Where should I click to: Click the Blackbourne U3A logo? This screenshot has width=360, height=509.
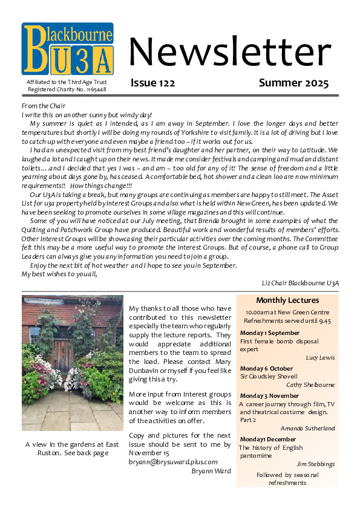coord(68,48)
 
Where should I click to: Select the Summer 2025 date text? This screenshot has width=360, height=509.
coord(293,83)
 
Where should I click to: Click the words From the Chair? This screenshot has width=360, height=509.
coord(42,106)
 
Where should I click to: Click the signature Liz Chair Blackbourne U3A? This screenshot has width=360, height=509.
coord(300,282)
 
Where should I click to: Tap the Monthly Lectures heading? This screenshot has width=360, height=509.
coord(287,300)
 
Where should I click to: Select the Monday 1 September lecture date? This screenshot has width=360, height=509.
coord(269,333)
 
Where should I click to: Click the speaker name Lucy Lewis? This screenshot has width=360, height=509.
coord(320,357)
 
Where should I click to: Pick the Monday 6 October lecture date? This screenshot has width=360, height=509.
coord(266,369)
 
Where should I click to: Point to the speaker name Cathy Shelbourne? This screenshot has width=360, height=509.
coord(310,384)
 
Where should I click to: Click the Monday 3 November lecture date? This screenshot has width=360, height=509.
coord(269,396)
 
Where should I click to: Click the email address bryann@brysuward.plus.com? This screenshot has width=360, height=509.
coord(172,461)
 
